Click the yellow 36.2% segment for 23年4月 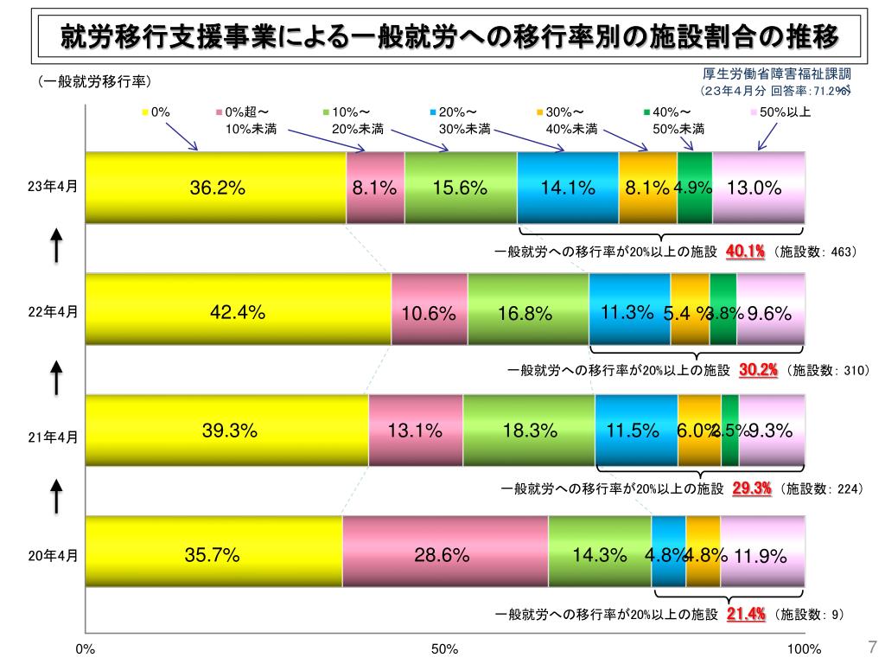tap(216, 188)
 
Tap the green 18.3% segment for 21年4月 tap(529, 430)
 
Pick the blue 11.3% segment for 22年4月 tap(629, 309)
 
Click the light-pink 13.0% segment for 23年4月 tap(758, 188)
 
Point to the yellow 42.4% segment tap(239, 309)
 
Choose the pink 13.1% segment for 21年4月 tap(416, 430)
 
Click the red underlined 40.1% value tap(746, 252)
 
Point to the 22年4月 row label tap(53, 312)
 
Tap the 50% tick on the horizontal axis tap(444, 649)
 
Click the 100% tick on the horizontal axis tap(804, 649)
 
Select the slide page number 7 tap(871, 647)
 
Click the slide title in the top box tap(449, 36)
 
